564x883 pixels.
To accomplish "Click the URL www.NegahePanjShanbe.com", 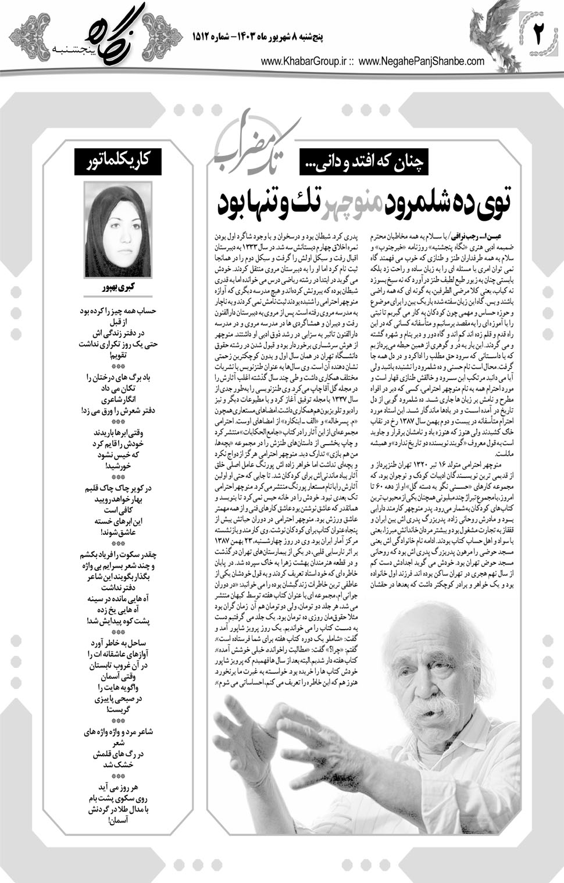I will pos(422,61).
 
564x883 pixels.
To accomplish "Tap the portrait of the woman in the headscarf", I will pos(118,230).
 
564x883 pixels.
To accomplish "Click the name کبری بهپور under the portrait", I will pos(118,288).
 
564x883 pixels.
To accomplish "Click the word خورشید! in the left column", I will pos(118,466).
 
